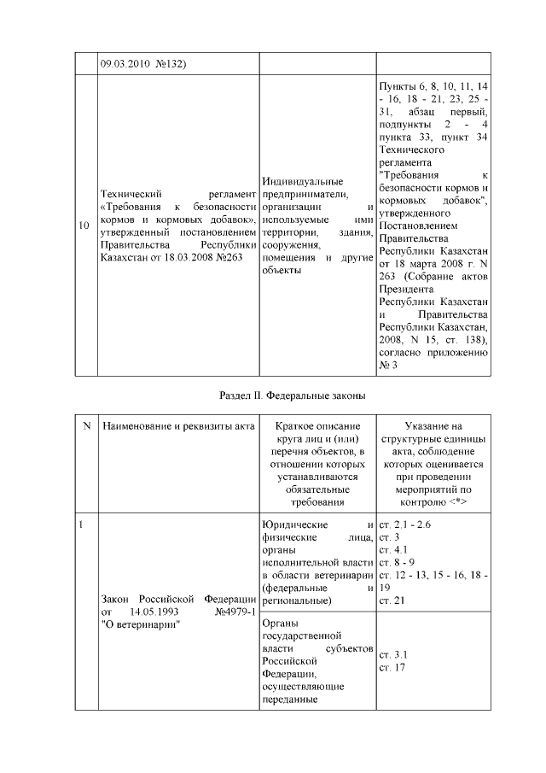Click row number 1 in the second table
81,524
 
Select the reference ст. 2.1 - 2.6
405,524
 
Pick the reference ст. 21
389,601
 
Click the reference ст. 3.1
390,654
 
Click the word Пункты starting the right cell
397,86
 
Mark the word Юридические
293,524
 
